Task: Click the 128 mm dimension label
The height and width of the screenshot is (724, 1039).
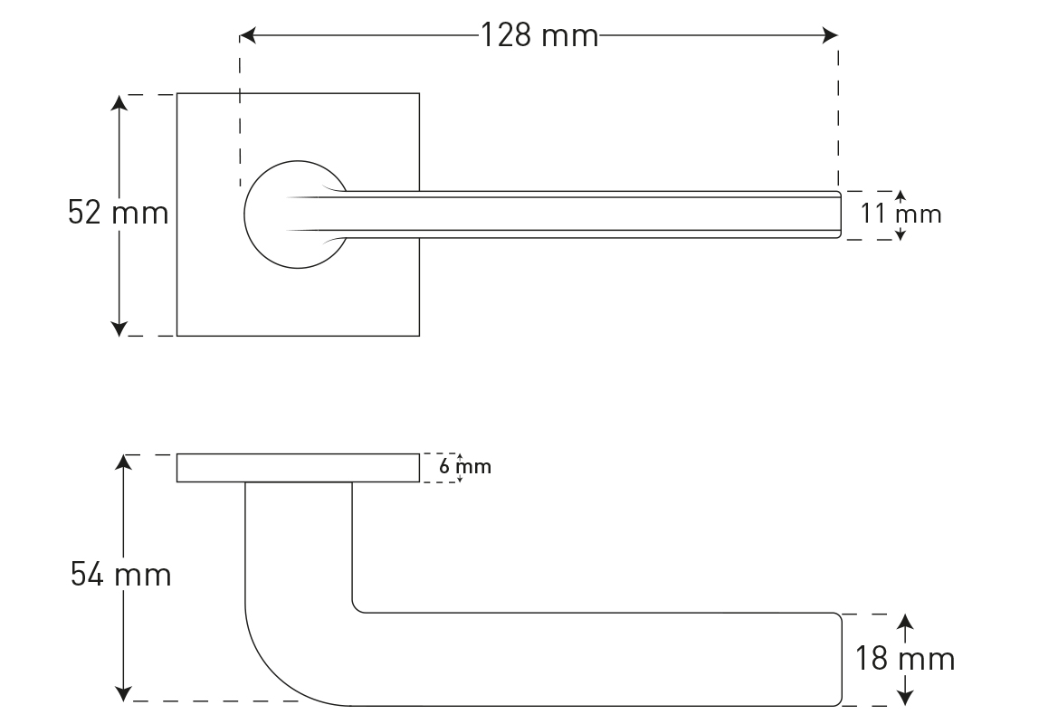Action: tap(539, 35)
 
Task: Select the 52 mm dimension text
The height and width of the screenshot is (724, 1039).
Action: tap(118, 213)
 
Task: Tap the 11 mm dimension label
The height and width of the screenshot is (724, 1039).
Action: tap(901, 214)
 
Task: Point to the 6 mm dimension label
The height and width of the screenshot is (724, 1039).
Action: tap(465, 467)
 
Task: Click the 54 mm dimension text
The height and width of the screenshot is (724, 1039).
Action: tap(120, 575)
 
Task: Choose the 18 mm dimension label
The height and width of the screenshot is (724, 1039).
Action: tap(904, 659)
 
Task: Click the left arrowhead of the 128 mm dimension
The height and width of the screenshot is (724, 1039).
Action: tap(247, 35)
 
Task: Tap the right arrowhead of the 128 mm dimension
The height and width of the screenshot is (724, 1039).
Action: tap(830, 35)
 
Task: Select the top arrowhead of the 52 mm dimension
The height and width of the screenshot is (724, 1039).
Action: tap(119, 102)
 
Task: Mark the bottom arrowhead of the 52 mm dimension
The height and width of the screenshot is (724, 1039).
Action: tap(119, 329)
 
